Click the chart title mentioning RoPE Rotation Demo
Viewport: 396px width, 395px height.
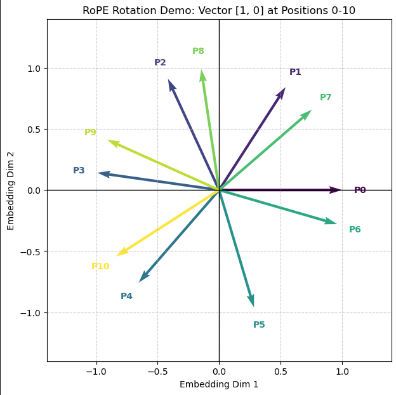pyautogui.click(x=219, y=10)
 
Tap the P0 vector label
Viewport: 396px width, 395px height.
pyautogui.click(x=360, y=191)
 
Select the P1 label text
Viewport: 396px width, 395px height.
pyautogui.click(x=295, y=72)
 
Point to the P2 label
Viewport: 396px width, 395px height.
pyautogui.click(x=160, y=63)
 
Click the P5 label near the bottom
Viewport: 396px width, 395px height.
pyautogui.click(x=259, y=325)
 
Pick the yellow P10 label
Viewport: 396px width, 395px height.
pyautogui.click(x=100, y=267)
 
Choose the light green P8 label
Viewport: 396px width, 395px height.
pyautogui.click(x=198, y=51)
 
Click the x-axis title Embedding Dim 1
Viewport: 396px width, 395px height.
pyautogui.click(x=219, y=384)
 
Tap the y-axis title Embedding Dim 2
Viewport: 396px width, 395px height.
pyautogui.click(x=11, y=191)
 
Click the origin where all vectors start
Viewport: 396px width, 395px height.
pyautogui.click(x=219, y=191)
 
